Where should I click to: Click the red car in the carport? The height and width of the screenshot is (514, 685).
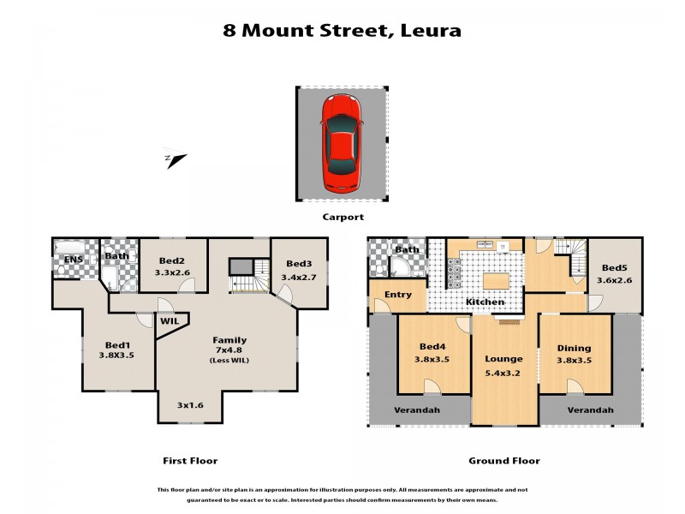pos(342,143)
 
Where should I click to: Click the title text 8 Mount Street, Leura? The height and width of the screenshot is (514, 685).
pos(342,31)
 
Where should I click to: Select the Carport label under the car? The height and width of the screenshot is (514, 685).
pos(342,218)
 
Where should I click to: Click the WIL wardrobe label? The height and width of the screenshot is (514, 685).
pos(170,320)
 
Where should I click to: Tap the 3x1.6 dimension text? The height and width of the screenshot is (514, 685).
pos(189,404)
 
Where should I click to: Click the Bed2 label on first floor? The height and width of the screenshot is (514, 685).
pos(171,260)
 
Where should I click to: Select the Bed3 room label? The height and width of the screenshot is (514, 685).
pos(299,263)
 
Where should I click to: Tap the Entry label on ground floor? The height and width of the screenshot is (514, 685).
pos(398,295)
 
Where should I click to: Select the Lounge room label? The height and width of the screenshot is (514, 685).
pos(503,358)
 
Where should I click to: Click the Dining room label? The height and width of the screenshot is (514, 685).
pos(574,349)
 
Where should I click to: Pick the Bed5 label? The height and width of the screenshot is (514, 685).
pos(615,267)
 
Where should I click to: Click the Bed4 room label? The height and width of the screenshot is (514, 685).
pos(433,346)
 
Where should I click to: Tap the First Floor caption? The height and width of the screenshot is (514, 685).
pos(190,461)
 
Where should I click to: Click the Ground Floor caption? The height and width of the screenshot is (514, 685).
pos(503,461)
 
